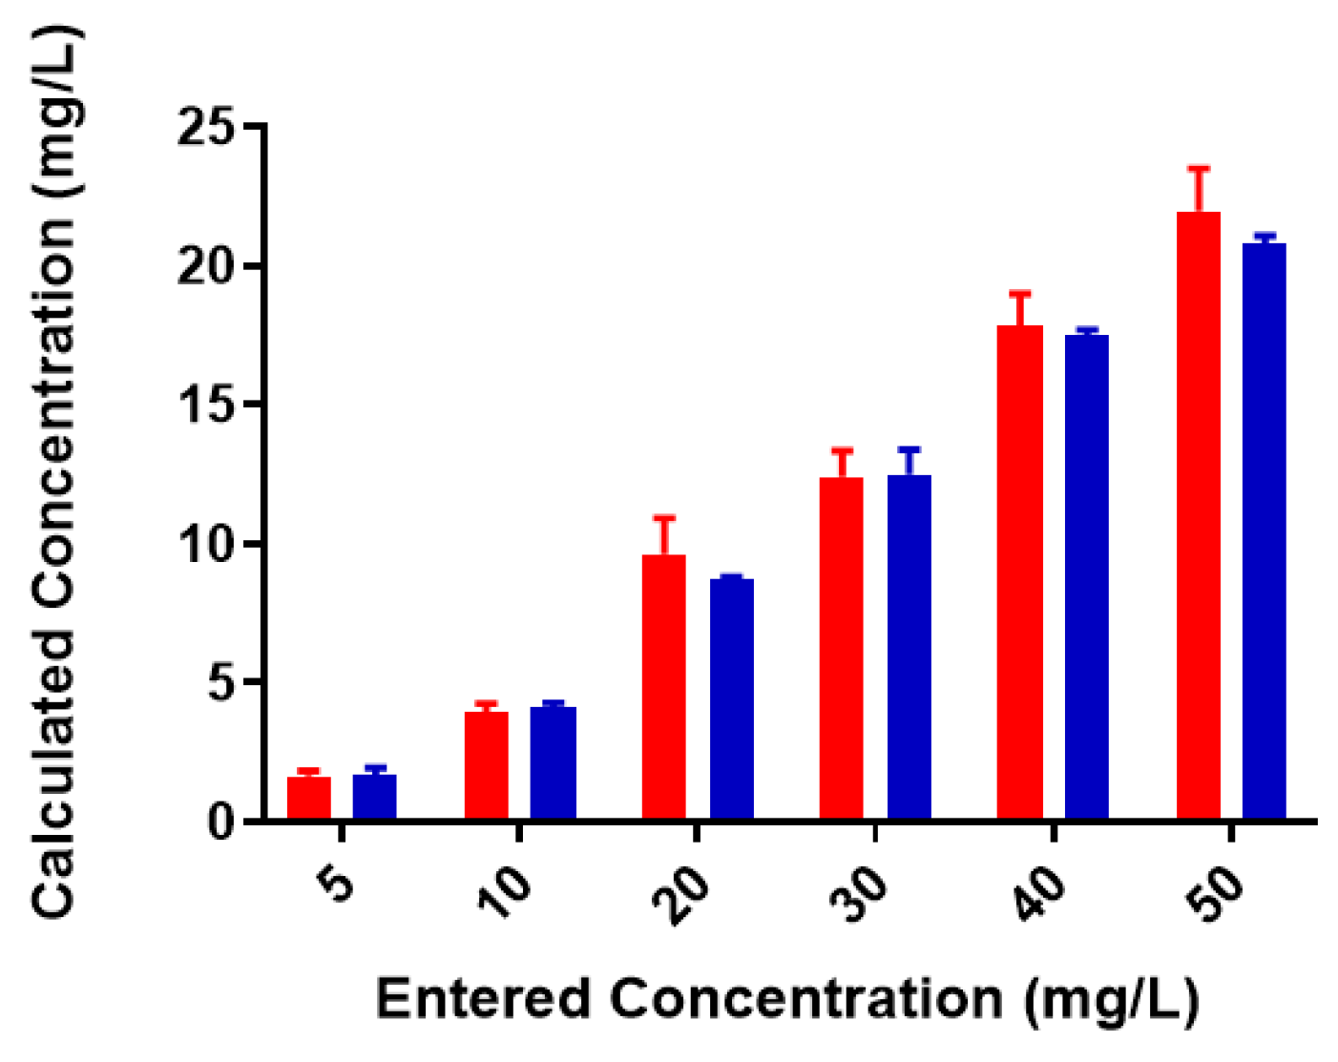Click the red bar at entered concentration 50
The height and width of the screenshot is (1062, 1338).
click(1198, 515)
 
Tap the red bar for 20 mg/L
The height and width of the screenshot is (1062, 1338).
click(663, 687)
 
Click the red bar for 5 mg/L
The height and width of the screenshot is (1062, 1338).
click(308, 799)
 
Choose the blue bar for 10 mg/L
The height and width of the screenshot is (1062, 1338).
click(554, 763)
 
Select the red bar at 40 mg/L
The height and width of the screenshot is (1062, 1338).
click(1019, 573)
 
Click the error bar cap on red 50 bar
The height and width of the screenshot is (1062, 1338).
click(1199, 169)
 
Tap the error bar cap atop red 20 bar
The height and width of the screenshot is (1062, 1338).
click(664, 518)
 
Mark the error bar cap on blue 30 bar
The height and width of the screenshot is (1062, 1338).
click(909, 448)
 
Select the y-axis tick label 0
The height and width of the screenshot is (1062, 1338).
click(221, 822)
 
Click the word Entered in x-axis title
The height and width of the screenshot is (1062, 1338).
click(483, 1000)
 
